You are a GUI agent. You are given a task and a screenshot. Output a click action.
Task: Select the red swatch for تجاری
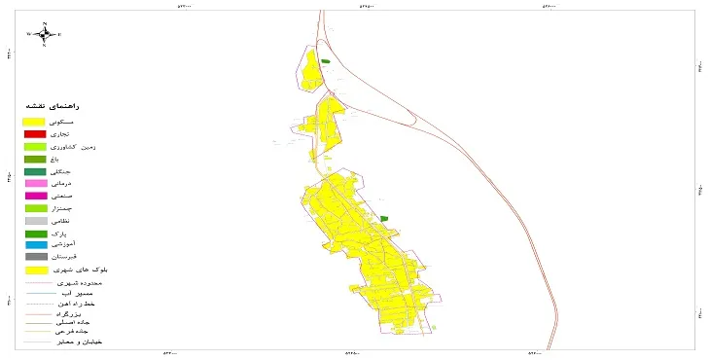click(35, 133)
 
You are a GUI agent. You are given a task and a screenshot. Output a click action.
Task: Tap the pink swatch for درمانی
click(35, 183)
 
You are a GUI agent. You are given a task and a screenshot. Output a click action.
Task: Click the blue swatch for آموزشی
click(35, 245)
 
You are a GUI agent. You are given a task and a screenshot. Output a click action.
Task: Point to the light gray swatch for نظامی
click(35, 221)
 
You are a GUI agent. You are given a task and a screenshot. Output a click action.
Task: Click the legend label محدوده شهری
click(80, 281)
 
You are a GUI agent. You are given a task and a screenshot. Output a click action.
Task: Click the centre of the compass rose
click(44, 34)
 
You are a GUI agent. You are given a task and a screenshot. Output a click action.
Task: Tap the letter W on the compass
click(29, 34)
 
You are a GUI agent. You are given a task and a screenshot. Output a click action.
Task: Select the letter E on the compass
click(59, 34)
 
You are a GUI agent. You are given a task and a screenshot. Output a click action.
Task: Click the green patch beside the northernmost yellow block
click(326, 62)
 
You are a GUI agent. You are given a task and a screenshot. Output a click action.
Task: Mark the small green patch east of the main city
click(384, 218)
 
